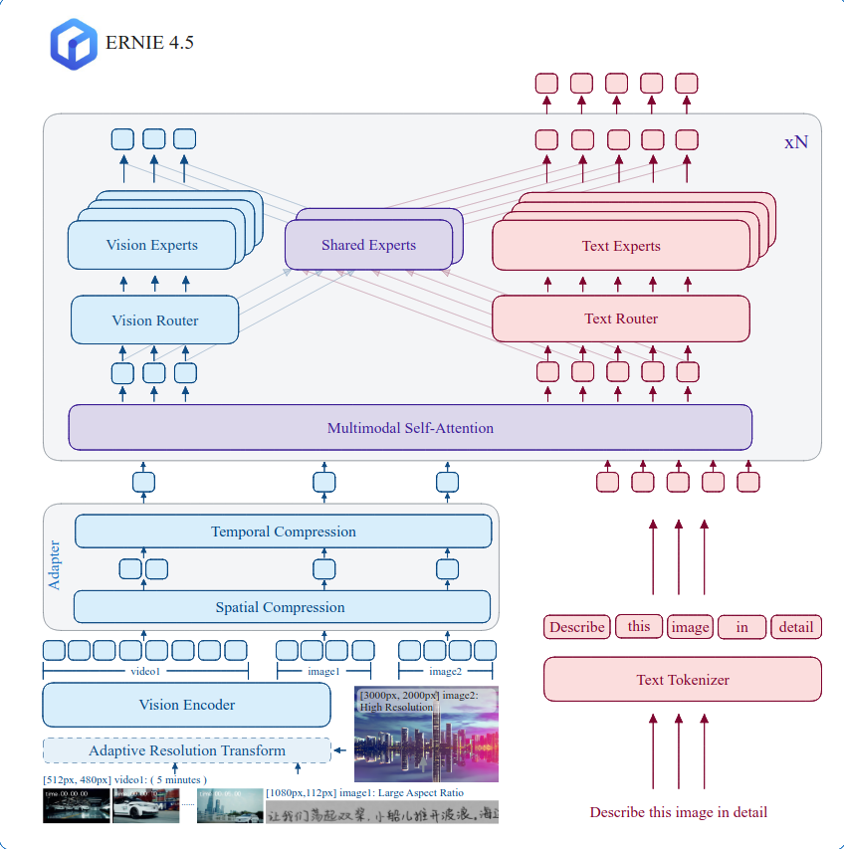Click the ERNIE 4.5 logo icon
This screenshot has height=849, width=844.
[x=73, y=44]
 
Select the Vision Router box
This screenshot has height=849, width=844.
[x=154, y=320]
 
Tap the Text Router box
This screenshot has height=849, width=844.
[x=620, y=318]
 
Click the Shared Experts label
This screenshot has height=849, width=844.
[x=368, y=245]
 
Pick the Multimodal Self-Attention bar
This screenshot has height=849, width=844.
[x=410, y=428]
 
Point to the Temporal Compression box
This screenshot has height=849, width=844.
[x=283, y=531]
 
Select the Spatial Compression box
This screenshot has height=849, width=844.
[x=281, y=607]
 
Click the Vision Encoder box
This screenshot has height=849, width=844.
[x=186, y=705]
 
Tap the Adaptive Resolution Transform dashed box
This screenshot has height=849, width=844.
[x=186, y=750]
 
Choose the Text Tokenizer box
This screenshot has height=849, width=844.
[x=682, y=680]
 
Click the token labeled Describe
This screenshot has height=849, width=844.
[x=576, y=627]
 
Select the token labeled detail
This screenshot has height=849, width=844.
[x=796, y=627]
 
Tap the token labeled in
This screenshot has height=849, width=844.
[x=742, y=627]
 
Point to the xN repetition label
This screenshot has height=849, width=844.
[x=795, y=142]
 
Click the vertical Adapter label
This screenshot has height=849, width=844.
[x=55, y=564]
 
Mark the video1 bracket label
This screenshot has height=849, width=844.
[x=144, y=672]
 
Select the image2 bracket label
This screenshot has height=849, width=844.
[x=446, y=672]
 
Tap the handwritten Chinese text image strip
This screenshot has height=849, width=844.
[x=381, y=812]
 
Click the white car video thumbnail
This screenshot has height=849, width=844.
[x=145, y=806]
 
